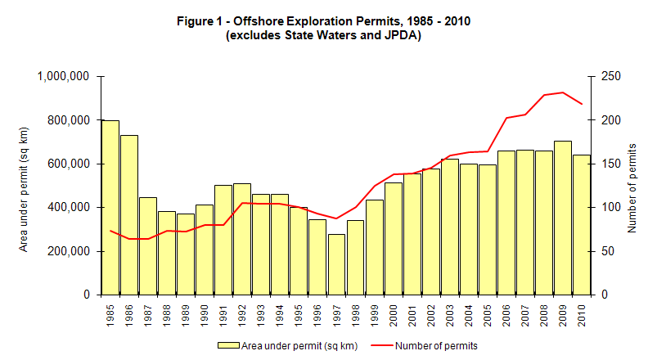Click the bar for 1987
coord(148,245)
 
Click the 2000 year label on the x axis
coord(393,313)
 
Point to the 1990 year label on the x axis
coord(205,313)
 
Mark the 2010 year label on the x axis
coord(581,313)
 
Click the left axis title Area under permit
coord(24,185)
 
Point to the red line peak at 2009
coord(562,92)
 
